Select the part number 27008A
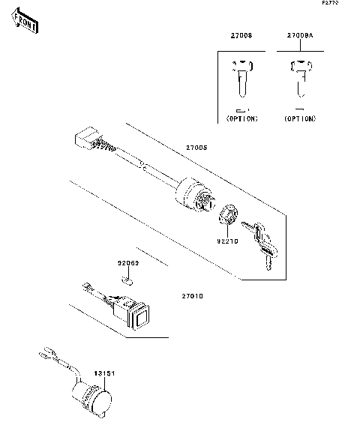(300, 35)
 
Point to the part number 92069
(128, 263)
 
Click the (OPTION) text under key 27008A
(300, 118)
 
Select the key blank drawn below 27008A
(300, 78)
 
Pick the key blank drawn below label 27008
(241, 79)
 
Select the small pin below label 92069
(127, 281)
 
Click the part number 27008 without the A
(241, 35)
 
